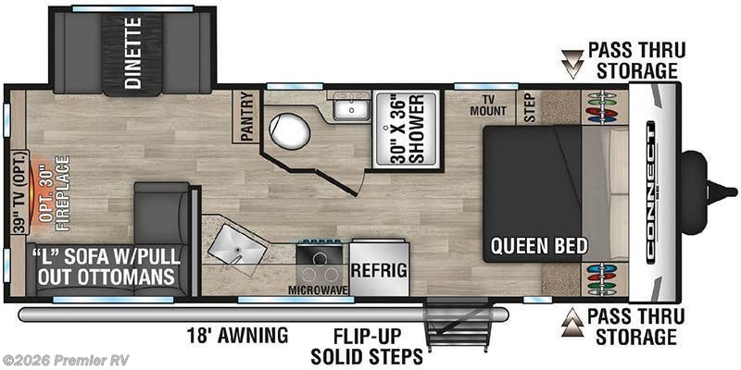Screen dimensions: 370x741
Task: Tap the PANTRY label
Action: (x=246, y=116)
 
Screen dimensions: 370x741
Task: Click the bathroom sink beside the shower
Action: (x=351, y=110)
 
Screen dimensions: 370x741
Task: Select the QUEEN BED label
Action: (x=539, y=246)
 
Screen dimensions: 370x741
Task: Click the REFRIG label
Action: (x=379, y=269)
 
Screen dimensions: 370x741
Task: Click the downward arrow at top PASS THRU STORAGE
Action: (x=571, y=66)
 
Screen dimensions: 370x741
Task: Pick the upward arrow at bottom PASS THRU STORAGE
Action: (x=571, y=321)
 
